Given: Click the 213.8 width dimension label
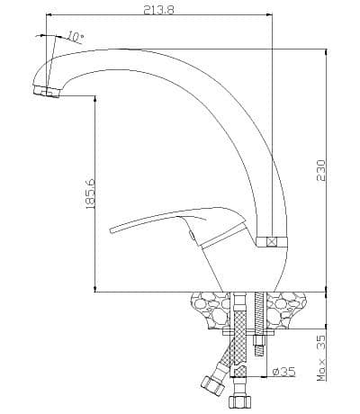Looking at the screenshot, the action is (158, 9).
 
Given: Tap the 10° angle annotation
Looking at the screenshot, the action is (75, 37).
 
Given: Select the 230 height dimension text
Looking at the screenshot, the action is (320, 170).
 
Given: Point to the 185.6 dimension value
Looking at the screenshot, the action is (90, 194).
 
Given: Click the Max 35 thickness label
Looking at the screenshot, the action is (321, 358).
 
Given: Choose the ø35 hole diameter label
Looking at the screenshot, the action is (283, 372).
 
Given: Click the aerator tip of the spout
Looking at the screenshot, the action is (47, 91).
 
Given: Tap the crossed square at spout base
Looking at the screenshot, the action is (272, 242).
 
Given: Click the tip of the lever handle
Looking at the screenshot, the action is (112, 230).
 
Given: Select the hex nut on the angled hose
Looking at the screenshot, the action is (212, 385).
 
